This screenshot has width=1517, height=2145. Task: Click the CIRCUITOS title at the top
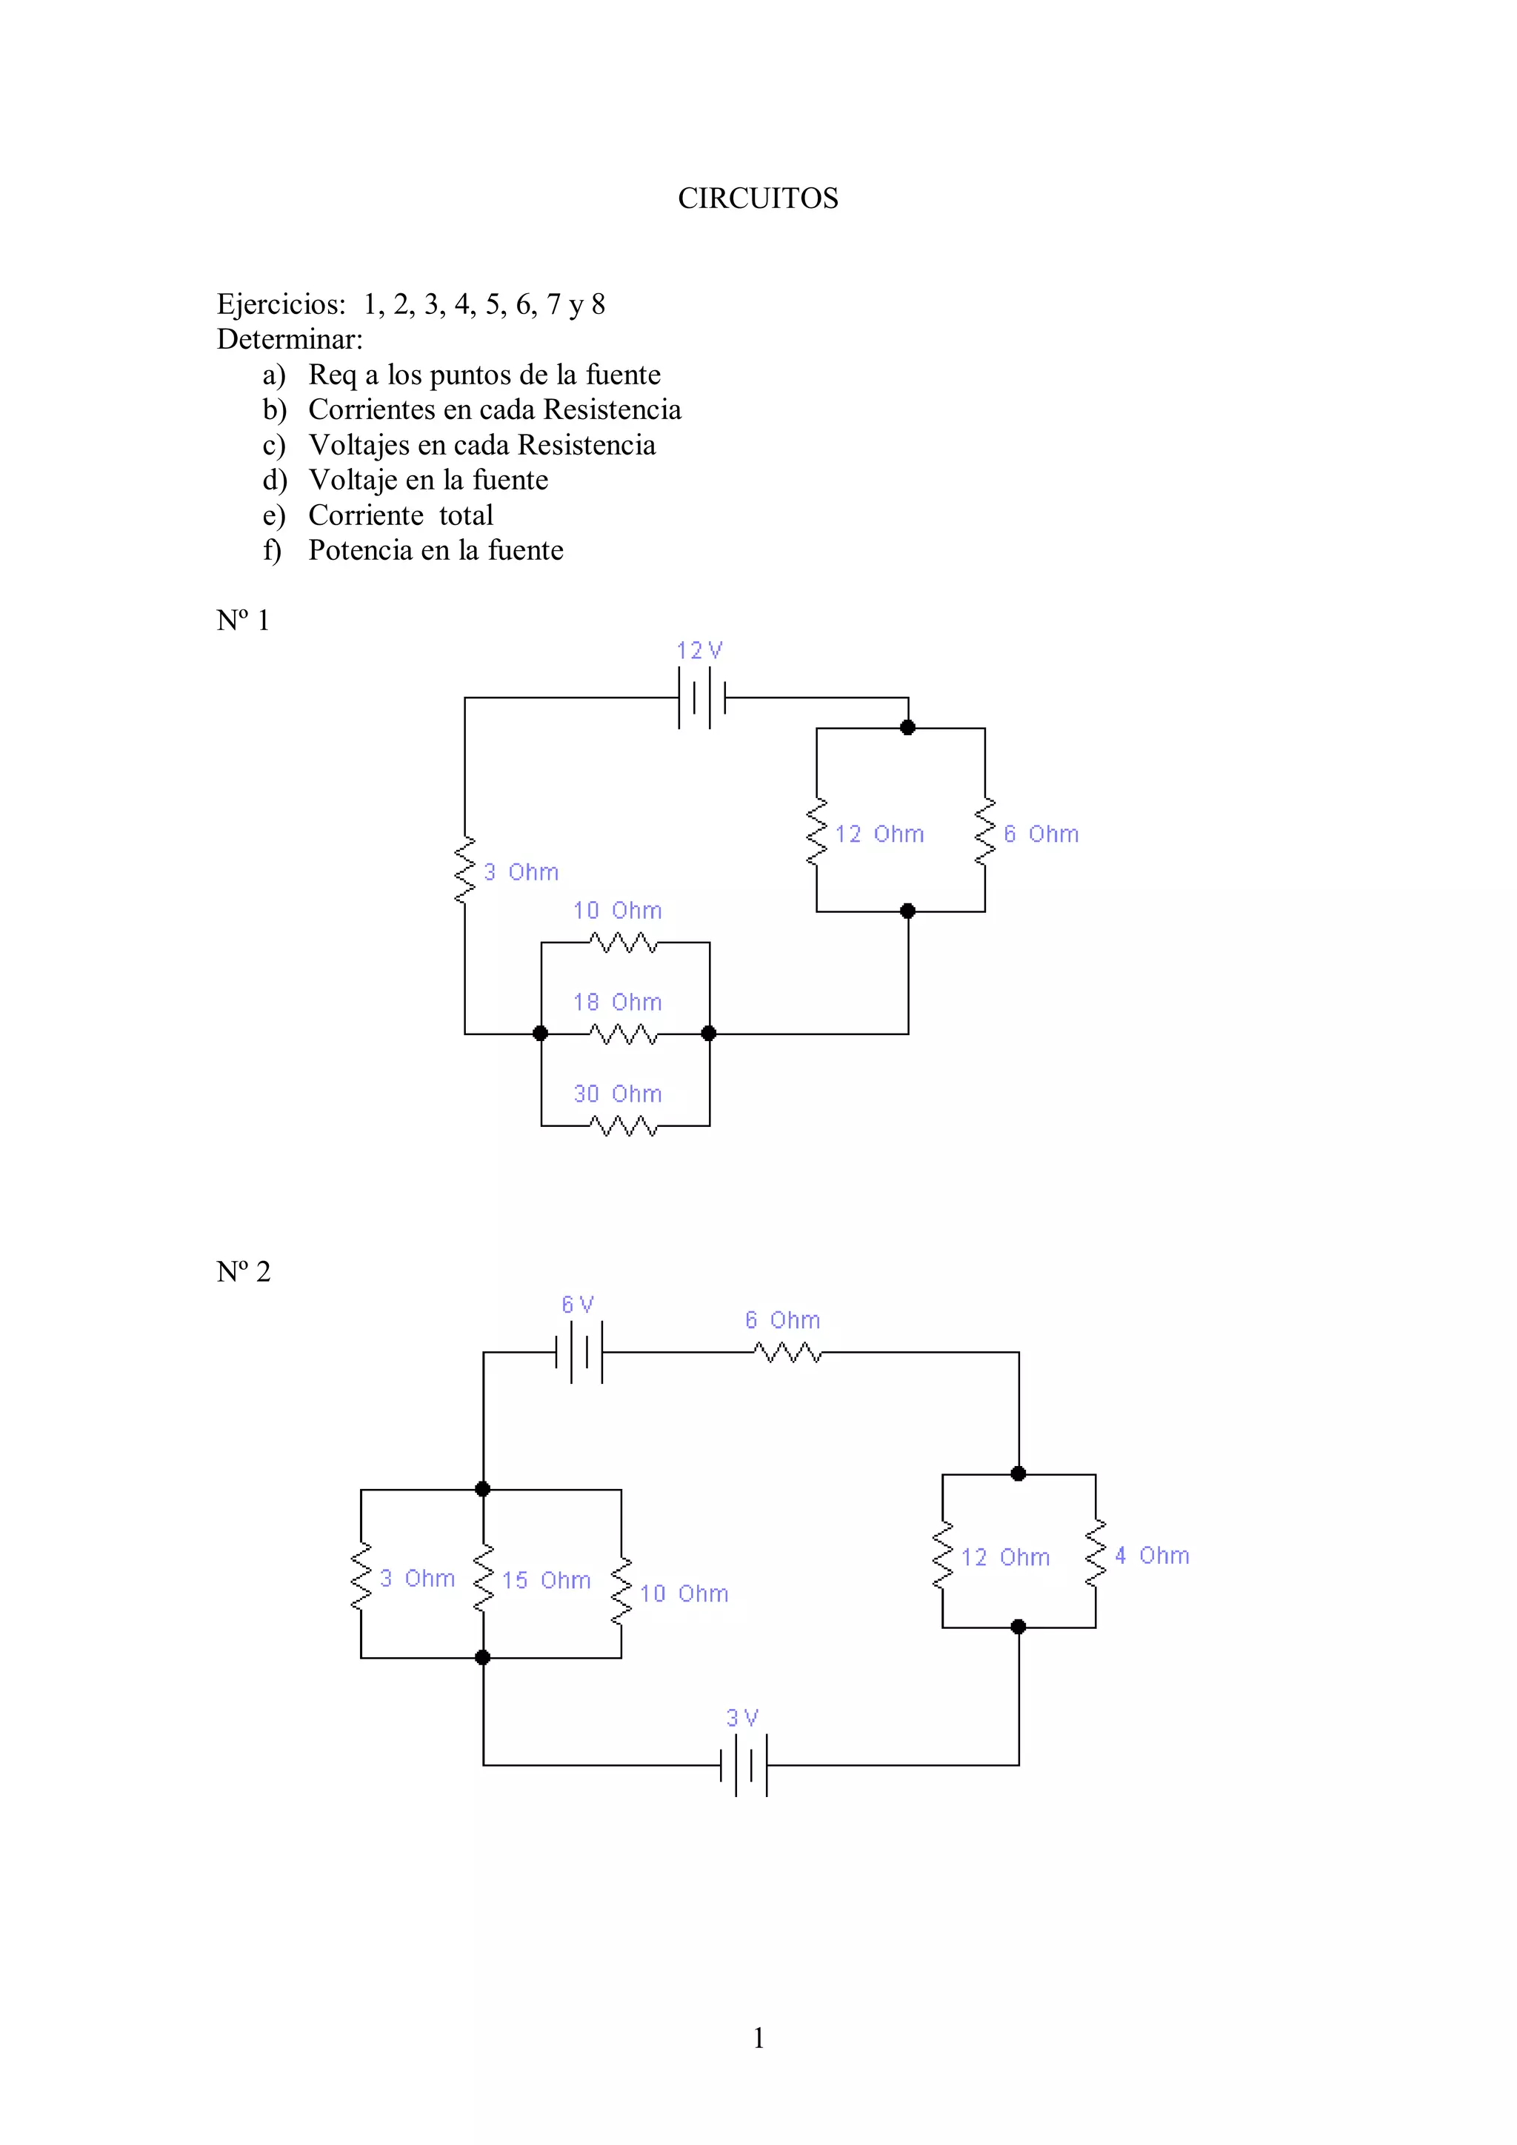[x=758, y=198]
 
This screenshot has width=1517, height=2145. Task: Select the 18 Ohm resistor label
[x=617, y=1003]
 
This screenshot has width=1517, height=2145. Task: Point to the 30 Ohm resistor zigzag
[x=624, y=1127]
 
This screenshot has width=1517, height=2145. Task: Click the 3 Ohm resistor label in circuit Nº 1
[x=521, y=872]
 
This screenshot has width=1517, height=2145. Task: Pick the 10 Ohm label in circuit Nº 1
[x=617, y=911]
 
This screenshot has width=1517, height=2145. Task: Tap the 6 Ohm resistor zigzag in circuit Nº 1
[x=985, y=831]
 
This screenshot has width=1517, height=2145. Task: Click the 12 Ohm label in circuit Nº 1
[x=878, y=834]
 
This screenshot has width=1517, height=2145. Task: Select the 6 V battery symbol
[x=579, y=1352]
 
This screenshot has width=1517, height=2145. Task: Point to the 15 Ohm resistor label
[x=546, y=1580]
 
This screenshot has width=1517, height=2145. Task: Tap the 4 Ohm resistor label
[x=1152, y=1556]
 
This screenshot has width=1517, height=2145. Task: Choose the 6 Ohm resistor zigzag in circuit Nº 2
[x=788, y=1352]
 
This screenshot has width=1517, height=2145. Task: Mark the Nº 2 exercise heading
[x=243, y=1271]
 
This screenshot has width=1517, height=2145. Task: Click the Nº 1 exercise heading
[x=243, y=620]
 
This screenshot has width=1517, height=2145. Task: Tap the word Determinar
[x=290, y=339]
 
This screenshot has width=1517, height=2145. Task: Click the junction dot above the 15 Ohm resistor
[x=482, y=1489]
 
